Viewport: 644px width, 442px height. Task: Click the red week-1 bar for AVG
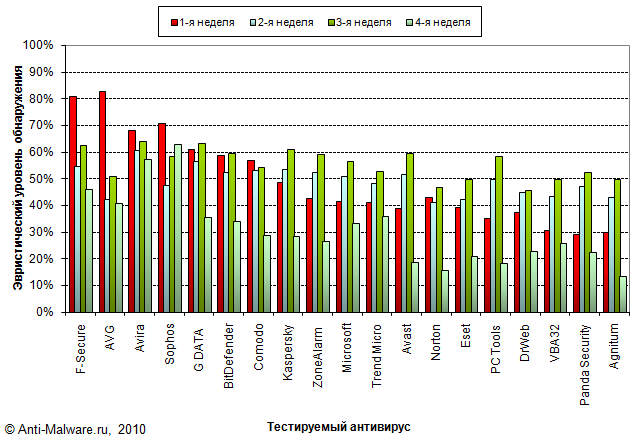[x=103, y=200]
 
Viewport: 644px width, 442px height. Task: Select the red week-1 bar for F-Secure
[x=73, y=204]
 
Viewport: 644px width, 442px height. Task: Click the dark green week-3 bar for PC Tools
[x=499, y=234]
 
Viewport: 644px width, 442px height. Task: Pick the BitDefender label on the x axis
[x=229, y=350]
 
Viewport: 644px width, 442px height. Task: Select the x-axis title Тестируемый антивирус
[x=339, y=426]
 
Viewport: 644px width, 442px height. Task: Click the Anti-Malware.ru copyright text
[x=76, y=428]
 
